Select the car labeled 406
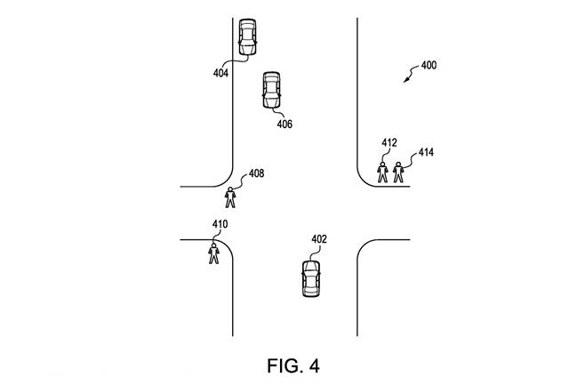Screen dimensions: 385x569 tap(271, 90)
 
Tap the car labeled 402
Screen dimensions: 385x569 tap(311, 277)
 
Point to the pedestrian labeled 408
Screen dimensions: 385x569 tap(231, 197)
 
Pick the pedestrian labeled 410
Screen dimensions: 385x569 tap(213, 253)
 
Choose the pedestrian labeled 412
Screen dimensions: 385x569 tap(383, 171)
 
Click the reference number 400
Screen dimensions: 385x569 tap(428, 65)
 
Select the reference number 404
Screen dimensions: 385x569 tap(220, 73)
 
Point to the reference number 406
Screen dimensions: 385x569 tap(284, 124)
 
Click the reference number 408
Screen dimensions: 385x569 tap(256, 173)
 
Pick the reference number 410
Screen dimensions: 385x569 tap(220, 224)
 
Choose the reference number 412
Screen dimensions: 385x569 tap(389, 142)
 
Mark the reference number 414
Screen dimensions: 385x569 tap(426, 153)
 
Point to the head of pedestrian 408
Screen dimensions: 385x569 tap(231, 188)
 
